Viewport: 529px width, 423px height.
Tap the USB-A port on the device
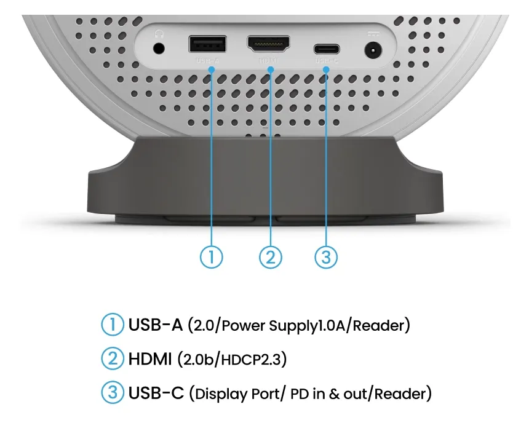point(207,44)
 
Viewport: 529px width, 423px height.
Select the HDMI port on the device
point(269,44)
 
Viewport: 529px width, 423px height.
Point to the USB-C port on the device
point(326,49)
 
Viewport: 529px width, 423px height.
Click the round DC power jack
point(372,49)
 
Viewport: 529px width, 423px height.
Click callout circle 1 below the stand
point(212,256)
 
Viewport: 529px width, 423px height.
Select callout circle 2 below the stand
point(269,256)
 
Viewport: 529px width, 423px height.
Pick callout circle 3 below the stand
point(326,256)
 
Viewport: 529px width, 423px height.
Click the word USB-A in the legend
point(156,325)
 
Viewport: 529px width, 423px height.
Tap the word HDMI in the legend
point(150,359)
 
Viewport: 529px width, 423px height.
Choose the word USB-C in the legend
point(156,393)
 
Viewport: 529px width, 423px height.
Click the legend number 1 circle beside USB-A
point(113,325)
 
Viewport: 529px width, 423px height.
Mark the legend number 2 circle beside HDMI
point(113,359)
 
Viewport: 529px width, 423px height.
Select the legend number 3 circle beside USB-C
point(113,393)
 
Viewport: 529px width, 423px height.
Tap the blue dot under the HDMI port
point(269,70)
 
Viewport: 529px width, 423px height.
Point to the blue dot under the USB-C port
point(326,70)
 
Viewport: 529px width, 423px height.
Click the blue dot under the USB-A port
point(212,70)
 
